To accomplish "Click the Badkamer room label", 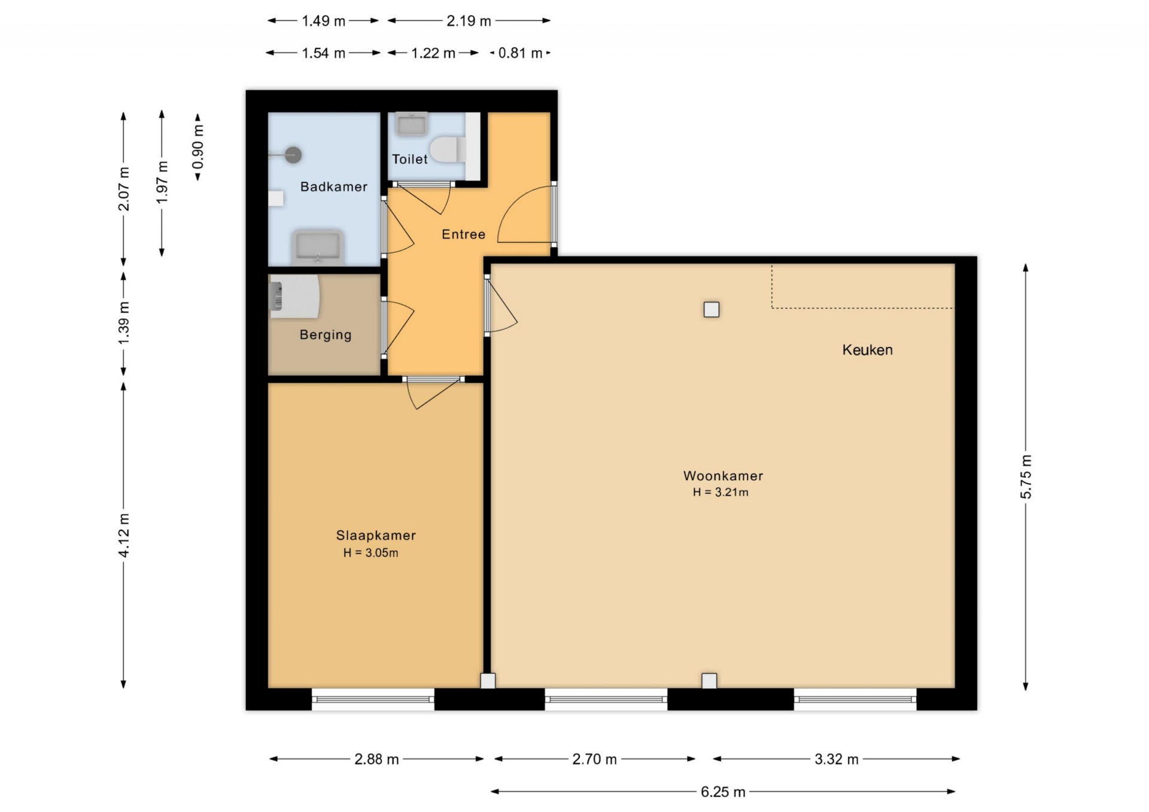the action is pos(333,187).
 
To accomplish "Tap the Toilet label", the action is pos(410,159).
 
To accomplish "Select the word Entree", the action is pos(463,234).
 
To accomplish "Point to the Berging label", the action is pos(326,335).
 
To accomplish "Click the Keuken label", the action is pos(867,350).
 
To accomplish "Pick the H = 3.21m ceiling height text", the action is pos(721,492).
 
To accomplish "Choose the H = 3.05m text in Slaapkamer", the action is pos(370,552).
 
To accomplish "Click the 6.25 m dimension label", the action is pos(723,792).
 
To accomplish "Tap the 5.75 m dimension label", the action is pos(1026,477).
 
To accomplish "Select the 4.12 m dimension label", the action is pos(124,535).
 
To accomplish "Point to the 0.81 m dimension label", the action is pos(520,53).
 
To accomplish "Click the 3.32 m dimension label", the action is pos(836,759).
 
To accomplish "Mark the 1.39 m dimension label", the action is pos(124,323).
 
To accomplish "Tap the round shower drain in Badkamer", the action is pos(293,155).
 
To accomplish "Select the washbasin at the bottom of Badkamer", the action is pos(318,248).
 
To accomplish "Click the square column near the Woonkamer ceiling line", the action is pos(712,310).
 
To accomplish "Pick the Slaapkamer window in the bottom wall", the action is pos(373,698).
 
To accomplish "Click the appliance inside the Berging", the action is pos(294,297).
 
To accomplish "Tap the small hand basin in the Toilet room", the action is pos(412,124).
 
